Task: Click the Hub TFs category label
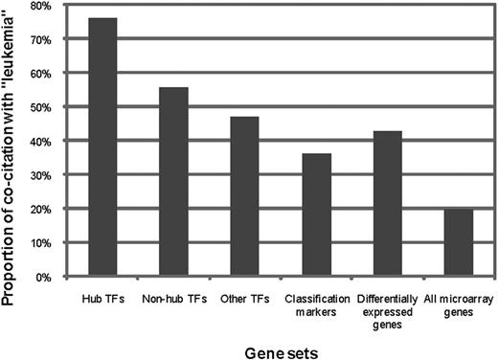[102, 297]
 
